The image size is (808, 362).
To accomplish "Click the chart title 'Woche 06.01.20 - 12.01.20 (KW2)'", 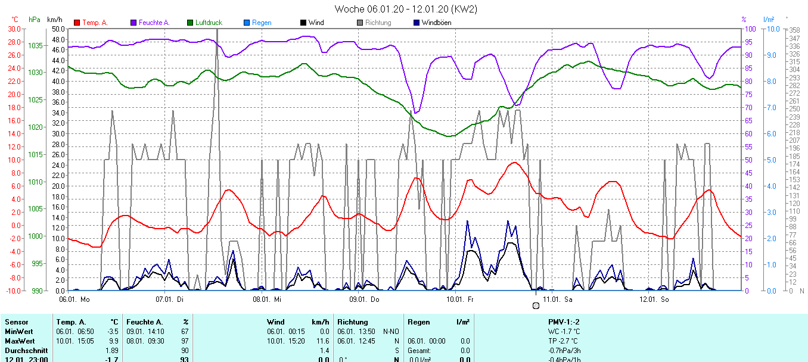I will [405, 9].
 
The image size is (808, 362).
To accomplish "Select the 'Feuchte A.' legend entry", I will [154, 23].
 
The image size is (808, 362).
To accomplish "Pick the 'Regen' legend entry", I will [262, 23].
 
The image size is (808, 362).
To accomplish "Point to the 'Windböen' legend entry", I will [436, 23].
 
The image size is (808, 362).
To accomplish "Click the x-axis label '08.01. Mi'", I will [266, 299].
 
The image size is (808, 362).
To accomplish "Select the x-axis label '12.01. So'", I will [654, 299].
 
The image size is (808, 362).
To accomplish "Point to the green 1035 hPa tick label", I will [35, 45].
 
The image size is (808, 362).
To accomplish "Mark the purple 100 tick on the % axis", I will [751, 29].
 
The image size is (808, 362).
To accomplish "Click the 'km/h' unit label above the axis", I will [55, 20].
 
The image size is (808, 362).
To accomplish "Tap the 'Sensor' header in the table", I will [16, 322].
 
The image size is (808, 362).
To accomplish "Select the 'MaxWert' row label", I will [18, 341].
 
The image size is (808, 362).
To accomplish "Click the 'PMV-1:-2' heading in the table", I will [564, 322].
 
